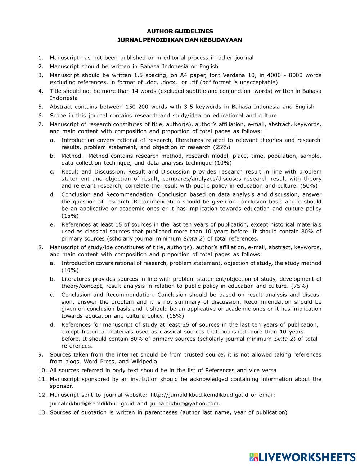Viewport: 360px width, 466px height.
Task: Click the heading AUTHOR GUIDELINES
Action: tap(180, 31)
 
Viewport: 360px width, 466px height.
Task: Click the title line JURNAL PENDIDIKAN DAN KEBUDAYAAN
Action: tap(180, 40)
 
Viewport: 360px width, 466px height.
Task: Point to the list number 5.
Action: tap(41, 107)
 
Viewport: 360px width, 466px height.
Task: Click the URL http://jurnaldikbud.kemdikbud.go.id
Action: tap(199, 395)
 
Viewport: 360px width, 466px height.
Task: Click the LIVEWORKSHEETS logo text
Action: tap(307, 457)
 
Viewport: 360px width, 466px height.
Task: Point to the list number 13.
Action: tap(42, 412)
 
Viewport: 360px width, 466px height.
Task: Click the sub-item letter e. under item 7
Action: tap(53, 224)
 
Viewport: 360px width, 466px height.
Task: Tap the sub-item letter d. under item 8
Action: tap(53, 324)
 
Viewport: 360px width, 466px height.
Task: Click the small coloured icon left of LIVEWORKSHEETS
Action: tap(254, 457)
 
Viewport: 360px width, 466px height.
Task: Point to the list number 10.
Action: tap(42, 370)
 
